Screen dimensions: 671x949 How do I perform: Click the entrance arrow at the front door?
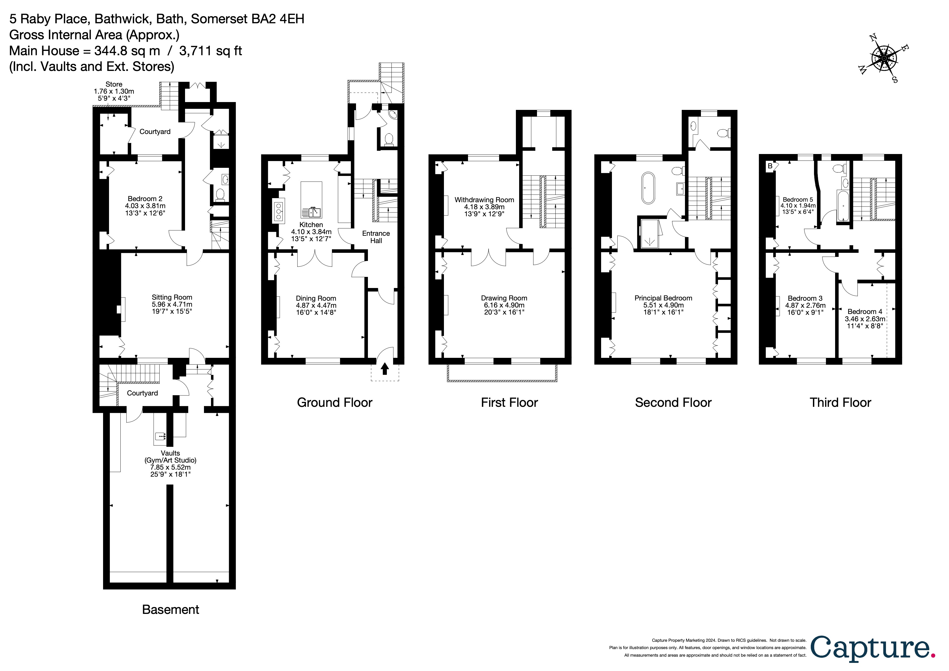point(385,368)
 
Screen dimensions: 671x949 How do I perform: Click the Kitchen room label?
point(311,224)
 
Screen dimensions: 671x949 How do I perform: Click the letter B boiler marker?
point(770,166)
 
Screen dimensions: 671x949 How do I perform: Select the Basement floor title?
point(170,609)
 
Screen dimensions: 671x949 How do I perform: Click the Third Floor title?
point(840,402)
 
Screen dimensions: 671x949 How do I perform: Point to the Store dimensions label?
point(114,91)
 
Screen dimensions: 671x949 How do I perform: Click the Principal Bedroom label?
point(663,298)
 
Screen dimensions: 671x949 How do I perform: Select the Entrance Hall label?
point(376,237)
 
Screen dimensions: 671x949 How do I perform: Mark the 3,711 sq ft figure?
point(210,51)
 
